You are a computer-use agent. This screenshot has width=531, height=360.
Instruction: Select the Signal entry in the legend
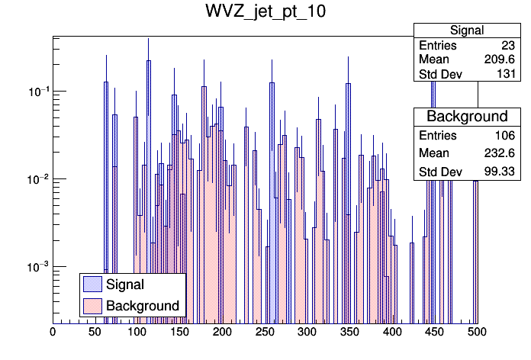(125, 284)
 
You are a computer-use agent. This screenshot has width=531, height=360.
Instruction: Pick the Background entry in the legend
(142, 306)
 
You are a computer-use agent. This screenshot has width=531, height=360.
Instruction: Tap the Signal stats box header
(467, 31)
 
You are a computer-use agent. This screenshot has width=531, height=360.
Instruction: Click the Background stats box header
(467, 116)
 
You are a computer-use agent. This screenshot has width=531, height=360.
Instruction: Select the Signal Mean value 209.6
(500, 59)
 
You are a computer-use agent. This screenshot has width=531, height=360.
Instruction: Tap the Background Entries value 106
(504, 136)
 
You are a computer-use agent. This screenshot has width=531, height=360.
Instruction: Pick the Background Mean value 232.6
(500, 153)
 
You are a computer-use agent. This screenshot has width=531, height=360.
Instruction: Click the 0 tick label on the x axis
(53, 333)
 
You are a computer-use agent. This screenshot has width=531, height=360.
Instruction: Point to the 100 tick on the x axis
(137, 333)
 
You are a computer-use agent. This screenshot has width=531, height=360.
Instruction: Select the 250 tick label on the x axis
(265, 333)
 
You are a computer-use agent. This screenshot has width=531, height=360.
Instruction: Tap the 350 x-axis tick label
(349, 333)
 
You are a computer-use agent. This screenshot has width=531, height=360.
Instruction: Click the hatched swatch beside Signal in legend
(92, 284)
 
